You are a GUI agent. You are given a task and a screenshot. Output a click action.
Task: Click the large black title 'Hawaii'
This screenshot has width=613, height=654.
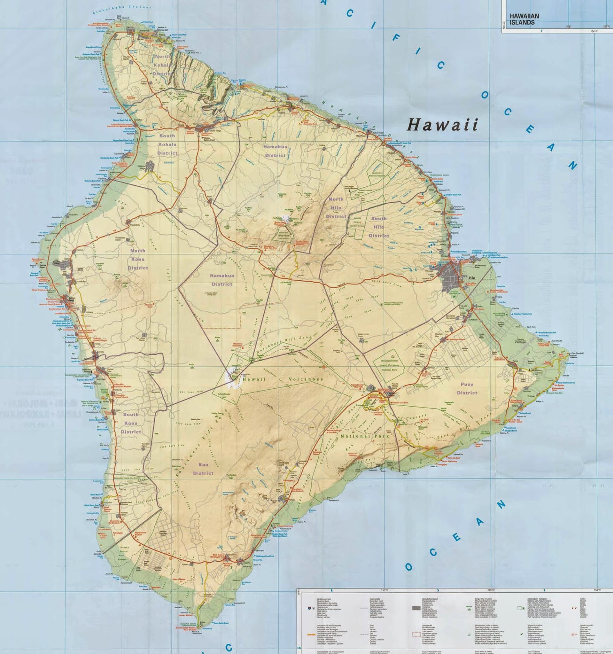[x=442, y=125]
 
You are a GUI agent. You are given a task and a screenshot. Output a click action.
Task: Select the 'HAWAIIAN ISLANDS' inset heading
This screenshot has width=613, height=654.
[x=524, y=19]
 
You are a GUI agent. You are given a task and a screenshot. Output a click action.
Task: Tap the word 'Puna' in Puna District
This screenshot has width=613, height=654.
[x=467, y=384]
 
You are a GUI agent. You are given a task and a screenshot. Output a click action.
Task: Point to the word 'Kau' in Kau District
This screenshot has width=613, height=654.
[x=203, y=465]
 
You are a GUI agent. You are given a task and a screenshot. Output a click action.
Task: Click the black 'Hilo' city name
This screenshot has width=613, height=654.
[x=472, y=278]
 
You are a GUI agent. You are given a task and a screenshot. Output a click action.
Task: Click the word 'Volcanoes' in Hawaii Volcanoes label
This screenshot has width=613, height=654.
[x=306, y=379]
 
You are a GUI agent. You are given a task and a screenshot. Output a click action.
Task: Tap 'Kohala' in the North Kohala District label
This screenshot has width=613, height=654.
[x=162, y=65]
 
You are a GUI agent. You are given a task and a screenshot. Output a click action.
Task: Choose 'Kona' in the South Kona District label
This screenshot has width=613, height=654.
[x=131, y=423]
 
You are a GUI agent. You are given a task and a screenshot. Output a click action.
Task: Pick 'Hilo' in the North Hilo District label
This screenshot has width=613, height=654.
[x=336, y=208]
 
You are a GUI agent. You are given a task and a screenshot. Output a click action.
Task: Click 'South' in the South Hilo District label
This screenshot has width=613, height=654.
[x=379, y=219]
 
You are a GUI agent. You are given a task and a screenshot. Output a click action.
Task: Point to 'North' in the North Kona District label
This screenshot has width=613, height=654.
[x=138, y=251]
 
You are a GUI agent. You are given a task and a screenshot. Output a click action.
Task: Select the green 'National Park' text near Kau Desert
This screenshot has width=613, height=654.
[x=365, y=436]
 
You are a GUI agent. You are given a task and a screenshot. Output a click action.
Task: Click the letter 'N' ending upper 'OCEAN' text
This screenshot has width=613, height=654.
[x=572, y=165]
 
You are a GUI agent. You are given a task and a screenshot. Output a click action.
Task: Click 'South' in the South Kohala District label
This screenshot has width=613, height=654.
[x=167, y=136]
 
